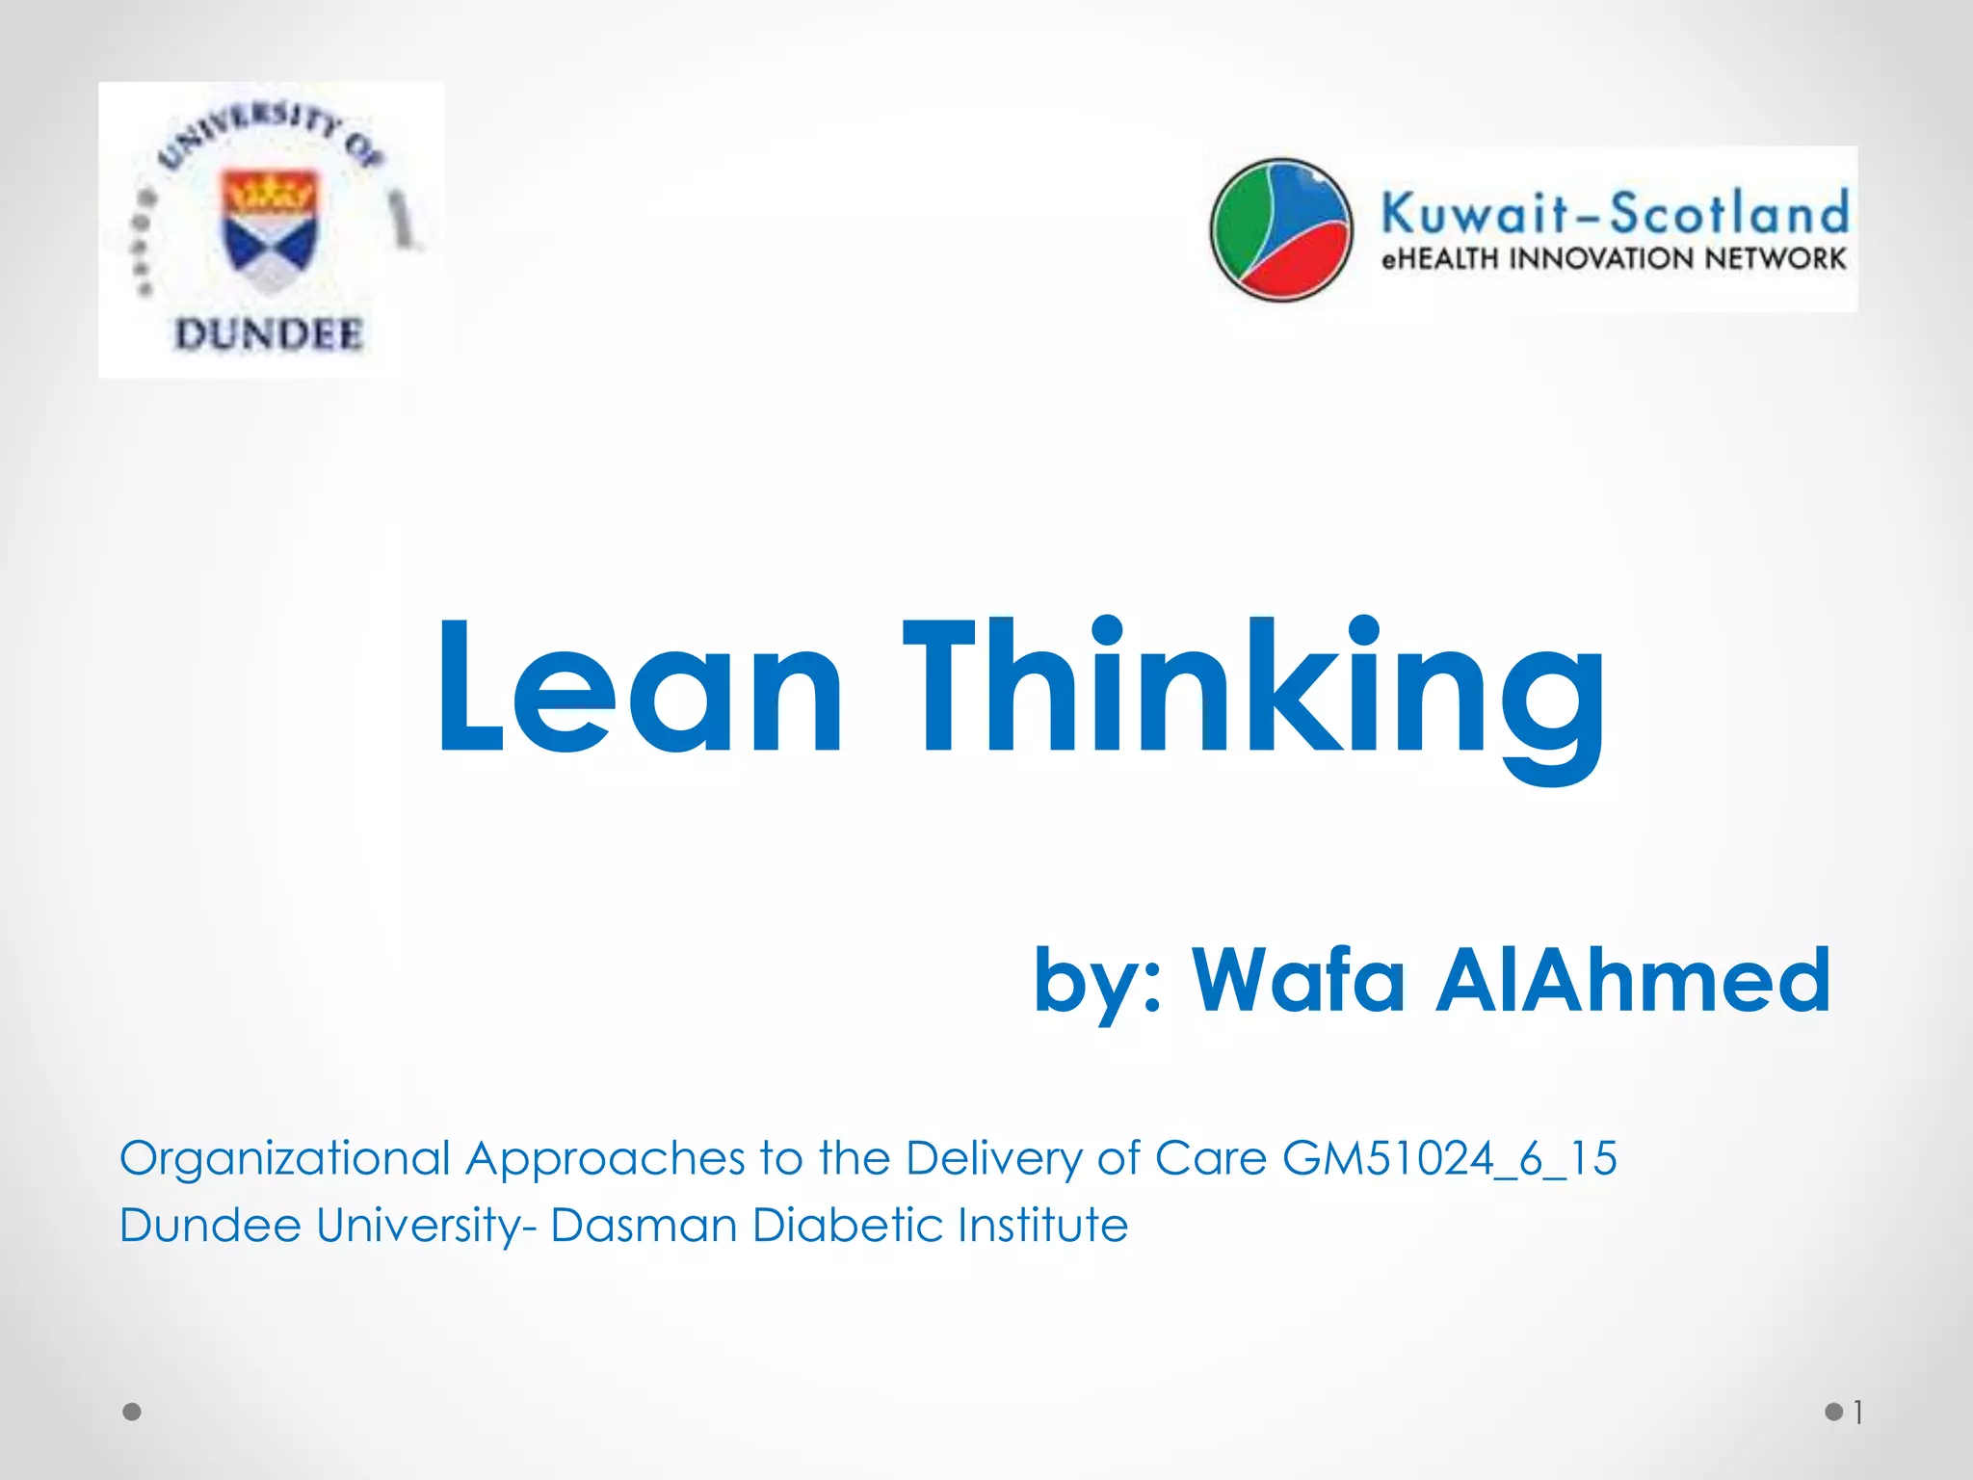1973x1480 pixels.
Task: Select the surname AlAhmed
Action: [1632, 980]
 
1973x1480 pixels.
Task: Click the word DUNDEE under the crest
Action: [269, 334]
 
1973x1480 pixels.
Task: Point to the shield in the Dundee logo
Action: [270, 229]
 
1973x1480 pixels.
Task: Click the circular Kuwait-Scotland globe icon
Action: [1281, 229]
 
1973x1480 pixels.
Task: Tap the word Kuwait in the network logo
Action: [1474, 212]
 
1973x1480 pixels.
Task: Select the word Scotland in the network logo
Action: [1729, 212]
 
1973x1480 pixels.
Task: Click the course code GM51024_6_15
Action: [1449, 1158]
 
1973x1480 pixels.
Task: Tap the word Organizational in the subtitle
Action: [285, 1158]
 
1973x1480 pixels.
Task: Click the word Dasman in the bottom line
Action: [643, 1226]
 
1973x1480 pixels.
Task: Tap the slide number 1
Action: [1858, 1413]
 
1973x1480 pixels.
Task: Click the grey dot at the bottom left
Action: [132, 1412]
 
